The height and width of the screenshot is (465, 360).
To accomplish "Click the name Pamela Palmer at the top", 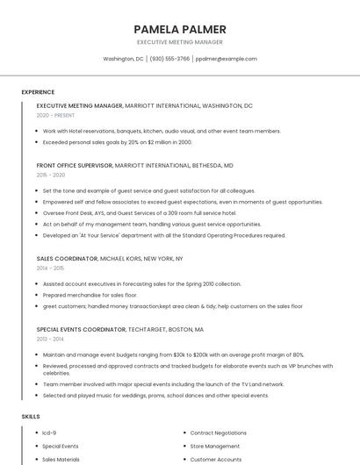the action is pyautogui.click(x=180, y=29).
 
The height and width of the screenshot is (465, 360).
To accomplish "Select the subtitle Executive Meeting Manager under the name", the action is pyautogui.click(x=180, y=42).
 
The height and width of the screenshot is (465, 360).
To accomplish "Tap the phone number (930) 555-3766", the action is pyautogui.click(x=169, y=59).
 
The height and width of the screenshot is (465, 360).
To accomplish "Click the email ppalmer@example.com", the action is pyautogui.click(x=227, y=59).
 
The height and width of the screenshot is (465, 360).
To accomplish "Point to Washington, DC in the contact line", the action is pyautogui.click(x=123, y=59).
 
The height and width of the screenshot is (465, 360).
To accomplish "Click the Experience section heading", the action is pyautogui.click(x=38, y=92).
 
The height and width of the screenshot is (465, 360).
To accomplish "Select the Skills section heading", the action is pyautogui.click(x=30, y=416).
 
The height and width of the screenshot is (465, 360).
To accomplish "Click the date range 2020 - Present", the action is pyautogui.click(x=55, y=115).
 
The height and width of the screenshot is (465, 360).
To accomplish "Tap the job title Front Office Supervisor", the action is pyautogui.click(x=75, y=165).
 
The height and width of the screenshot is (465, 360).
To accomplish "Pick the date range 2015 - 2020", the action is pyautogui.click(x=51, y=175).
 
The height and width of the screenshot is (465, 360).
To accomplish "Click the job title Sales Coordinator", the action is pyautogui.click(x=67, y=259).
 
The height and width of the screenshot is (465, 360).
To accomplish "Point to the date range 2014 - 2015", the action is pyautogui.click(x=51, y=268).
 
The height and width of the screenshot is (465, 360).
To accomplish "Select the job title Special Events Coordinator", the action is pyautogui.click(x=81, y=329).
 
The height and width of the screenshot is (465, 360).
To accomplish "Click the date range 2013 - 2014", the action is pyautogui.click(x=51, y=339).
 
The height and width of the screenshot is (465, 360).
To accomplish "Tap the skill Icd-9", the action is pyautogui.click(x=49, y=433).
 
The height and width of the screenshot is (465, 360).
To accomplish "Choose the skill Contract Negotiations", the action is pyautogui.click(x=219, y=433).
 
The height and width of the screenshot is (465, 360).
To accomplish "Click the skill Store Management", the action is pyautogui.click(x=215, y=446).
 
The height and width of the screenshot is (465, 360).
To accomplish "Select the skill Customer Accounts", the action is pyautogui.click(x=216, y=459).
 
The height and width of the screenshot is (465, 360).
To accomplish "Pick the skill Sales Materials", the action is pyautogui.click(x=61, y=459).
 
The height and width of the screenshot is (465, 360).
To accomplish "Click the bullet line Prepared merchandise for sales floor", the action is pyautogui.click(x=83, y=295).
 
